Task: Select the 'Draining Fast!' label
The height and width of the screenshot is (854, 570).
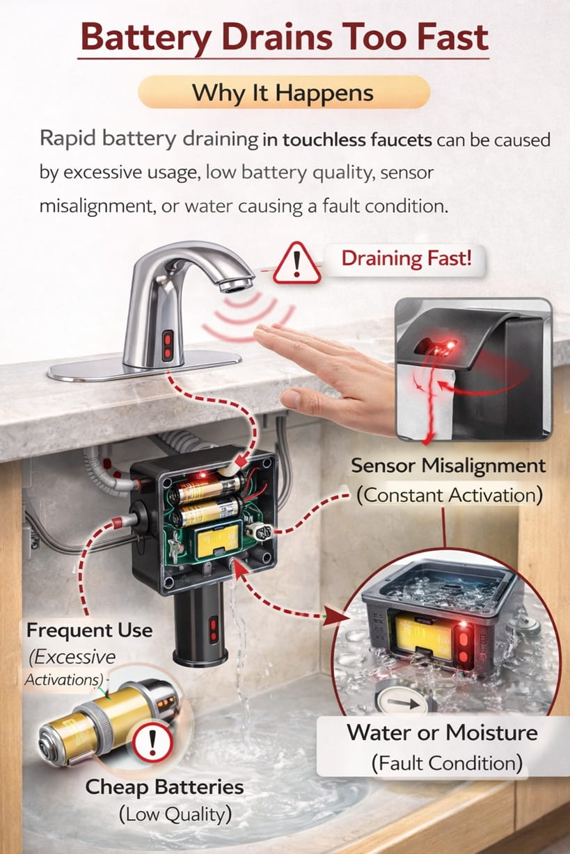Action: tap(406, 259)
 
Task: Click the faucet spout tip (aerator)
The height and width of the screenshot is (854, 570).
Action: tap(238, 283)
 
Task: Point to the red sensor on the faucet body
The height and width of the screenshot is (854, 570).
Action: tap(168, 346)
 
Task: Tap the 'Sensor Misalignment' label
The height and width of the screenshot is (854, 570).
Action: tap(448, 465)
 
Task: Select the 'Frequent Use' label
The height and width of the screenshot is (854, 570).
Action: tap(89, 631)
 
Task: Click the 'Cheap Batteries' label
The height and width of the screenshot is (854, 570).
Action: tap(164, 787)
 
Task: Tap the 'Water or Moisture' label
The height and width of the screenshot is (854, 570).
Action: tap(442, 732)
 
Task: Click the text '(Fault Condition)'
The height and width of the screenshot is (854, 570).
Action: tap(446, 763)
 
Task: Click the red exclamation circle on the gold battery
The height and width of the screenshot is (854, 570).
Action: tap(153, 743)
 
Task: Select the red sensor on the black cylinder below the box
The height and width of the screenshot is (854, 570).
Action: tap(213, 627)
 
